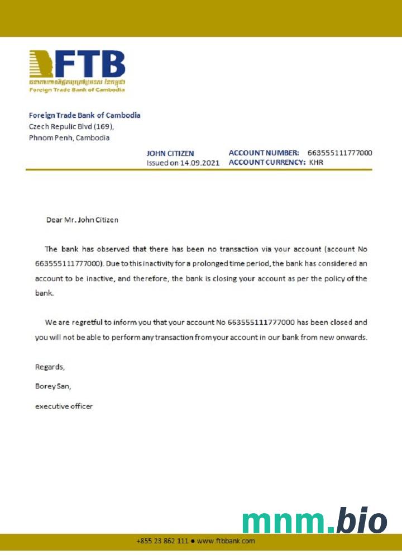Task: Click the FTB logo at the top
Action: point(77,70)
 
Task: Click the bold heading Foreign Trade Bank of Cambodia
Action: point(84,115)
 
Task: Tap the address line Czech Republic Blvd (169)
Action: point(71,126)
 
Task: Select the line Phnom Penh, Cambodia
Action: point(69,138)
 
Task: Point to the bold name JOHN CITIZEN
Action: point(170,153)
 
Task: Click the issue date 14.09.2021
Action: point(200,163)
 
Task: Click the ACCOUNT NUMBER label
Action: point(264,153)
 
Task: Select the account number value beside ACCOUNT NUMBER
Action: point(339,153)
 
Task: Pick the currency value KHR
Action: point(316,163)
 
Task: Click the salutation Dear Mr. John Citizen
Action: point(82,220)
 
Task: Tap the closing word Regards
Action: point(50,367)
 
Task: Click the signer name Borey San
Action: point(53,386)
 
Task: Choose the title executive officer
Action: point(64,406)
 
